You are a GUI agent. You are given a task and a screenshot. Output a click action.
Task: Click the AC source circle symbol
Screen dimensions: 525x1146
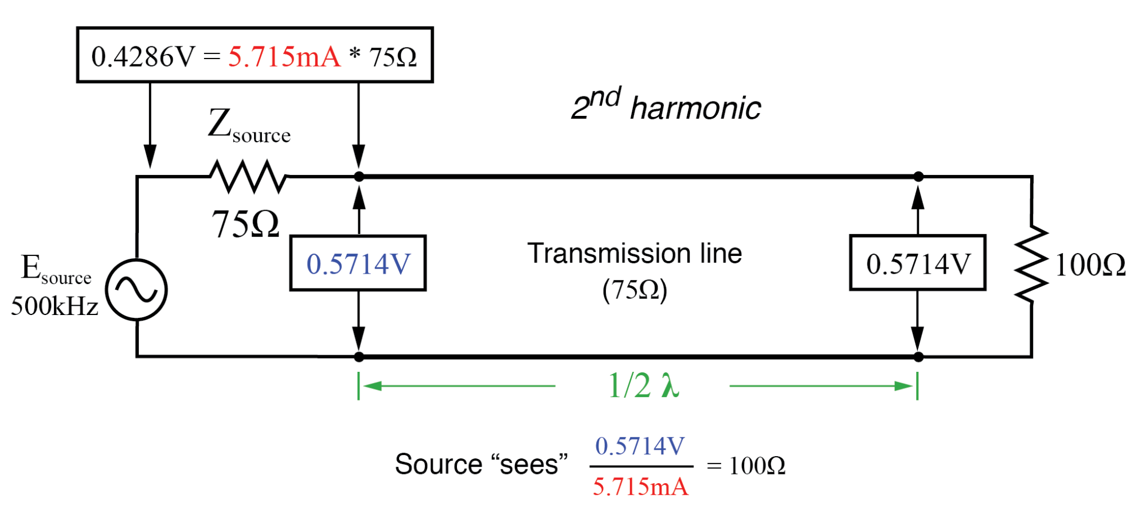136,290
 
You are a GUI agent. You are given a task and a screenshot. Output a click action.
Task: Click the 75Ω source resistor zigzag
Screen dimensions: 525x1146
248,176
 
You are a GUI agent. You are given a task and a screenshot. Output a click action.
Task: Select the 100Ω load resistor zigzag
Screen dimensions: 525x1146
1031,264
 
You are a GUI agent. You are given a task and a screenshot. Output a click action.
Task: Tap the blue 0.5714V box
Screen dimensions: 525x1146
358,263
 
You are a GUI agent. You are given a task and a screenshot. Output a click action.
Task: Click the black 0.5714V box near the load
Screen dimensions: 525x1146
917,263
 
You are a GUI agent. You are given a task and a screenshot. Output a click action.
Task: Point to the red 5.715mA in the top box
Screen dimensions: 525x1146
284,56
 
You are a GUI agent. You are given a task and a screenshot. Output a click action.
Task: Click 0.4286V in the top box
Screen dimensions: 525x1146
143,56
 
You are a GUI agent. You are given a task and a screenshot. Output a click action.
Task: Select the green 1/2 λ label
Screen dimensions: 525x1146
643,385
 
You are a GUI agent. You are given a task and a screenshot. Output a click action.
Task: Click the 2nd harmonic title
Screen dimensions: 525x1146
666,106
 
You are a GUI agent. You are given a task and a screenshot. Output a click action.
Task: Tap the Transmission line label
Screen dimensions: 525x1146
635,254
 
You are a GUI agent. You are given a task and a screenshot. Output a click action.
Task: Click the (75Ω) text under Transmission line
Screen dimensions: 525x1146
635,290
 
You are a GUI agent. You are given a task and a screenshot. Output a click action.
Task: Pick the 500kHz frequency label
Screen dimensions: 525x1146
54,306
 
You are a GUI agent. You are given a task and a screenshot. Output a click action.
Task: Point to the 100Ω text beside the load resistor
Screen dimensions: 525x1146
1090,265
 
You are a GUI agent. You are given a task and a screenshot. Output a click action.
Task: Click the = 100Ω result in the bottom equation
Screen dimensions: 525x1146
746,465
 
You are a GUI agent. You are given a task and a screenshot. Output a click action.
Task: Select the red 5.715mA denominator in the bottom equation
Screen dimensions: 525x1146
640,487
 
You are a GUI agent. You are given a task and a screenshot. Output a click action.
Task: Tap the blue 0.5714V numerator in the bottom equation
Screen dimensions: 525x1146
640,446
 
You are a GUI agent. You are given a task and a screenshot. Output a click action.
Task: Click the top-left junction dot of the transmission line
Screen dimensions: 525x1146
359,177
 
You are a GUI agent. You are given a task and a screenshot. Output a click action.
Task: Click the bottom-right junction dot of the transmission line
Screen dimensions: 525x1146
918,357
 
